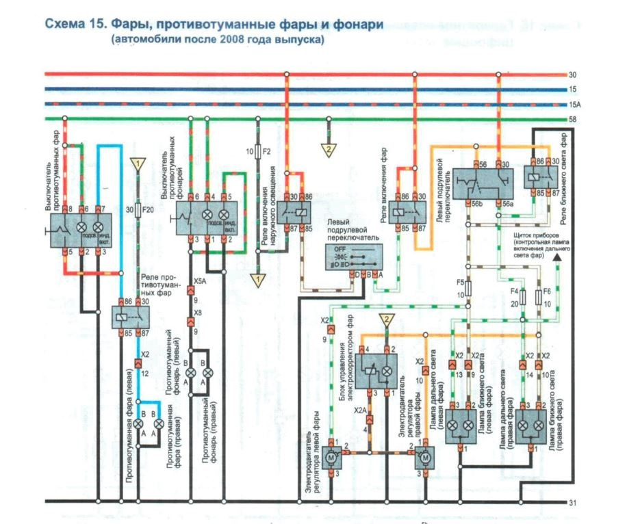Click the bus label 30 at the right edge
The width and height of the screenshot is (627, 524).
click(x=573, y=75)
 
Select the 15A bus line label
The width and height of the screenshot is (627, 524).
click(x=575, y=105)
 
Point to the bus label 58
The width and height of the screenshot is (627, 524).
click(x=573, y=120)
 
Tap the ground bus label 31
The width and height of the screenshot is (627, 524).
click(x=573, y=503)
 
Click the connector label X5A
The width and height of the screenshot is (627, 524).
click(x=199, y=280)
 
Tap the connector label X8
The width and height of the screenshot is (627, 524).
click(x=198, y=312)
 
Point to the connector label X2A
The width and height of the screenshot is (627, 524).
click(x=360, y=408)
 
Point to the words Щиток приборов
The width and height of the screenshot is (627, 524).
click(x=537, y=234)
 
